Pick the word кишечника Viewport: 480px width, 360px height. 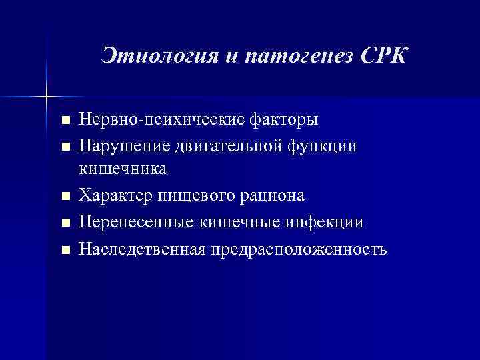(x=123, y=169)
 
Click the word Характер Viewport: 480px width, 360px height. (x=117, y=196)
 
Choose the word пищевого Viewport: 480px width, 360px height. (x=193, y=196)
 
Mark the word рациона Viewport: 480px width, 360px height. (x=269, y=196)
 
